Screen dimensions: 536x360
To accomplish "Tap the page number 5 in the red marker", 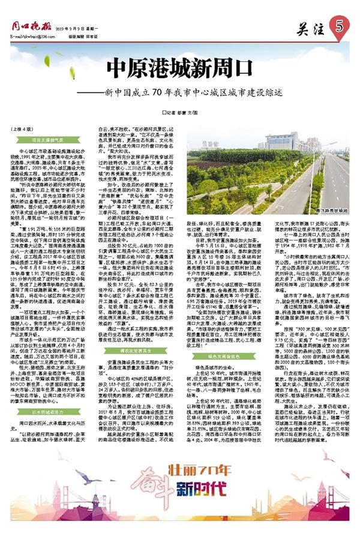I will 339,26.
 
